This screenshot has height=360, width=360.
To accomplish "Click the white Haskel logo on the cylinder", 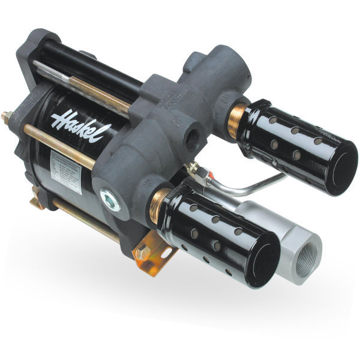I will (73, 123).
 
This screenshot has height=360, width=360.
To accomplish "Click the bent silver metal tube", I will (252, 188).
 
